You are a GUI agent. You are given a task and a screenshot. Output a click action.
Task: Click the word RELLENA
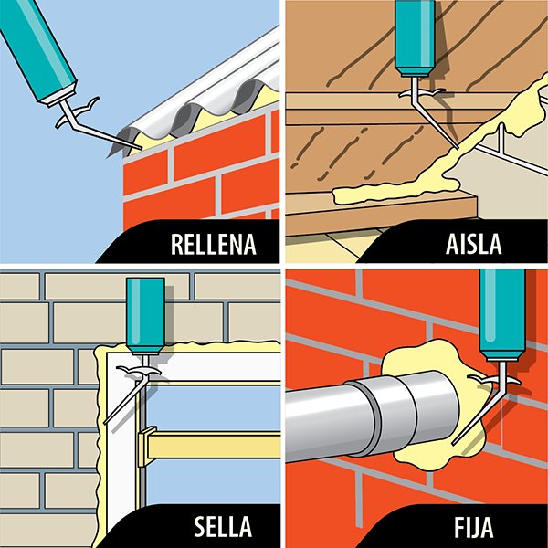pyautogui.click(x=213, y=245)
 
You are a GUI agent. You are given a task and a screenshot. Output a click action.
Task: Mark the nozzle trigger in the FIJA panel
pyautogui.click(x=480, y=376)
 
